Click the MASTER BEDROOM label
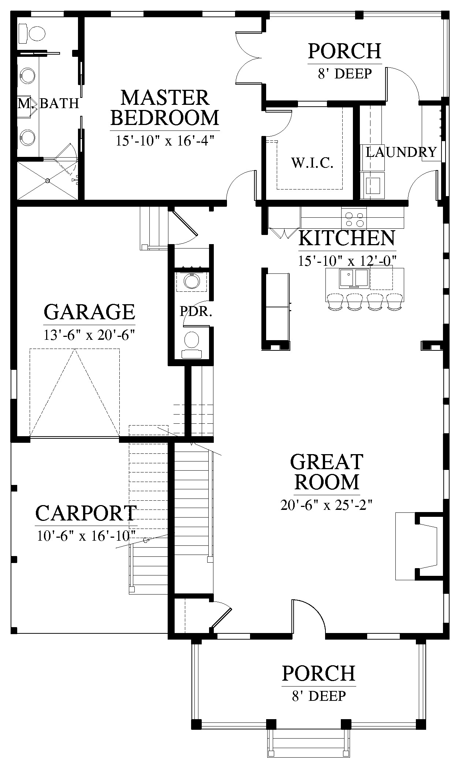click(165, 108)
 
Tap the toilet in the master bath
click(32, 32)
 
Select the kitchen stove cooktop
click(354, 218)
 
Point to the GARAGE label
click(89, 312)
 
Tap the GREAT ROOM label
click(327, 472)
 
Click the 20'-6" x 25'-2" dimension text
click(327, 505)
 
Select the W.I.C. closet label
click(312, 163)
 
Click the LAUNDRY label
click(401, 152)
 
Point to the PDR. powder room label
click(196, 312)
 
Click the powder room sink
click(192, 282)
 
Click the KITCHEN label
click(347, 238)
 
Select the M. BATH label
click(49, 103)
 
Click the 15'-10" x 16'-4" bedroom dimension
click(165, 140)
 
